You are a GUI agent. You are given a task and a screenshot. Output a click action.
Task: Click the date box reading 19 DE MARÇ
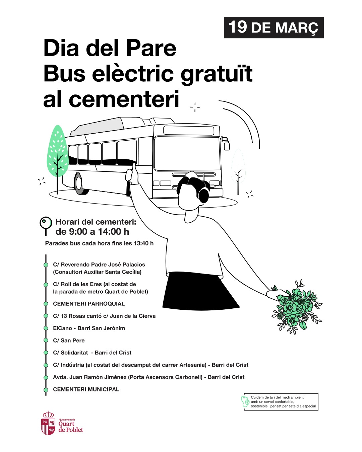click(274, 27)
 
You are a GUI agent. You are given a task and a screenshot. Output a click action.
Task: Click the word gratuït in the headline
click(217, 75)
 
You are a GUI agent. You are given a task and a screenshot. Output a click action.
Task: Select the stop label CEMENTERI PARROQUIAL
click(89, 304)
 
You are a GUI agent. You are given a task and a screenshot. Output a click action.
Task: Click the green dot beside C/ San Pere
click(46, 341)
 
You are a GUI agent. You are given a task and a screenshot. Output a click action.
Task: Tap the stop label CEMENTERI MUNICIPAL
click(86, 389)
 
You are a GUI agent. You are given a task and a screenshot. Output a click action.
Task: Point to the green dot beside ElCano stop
click(46, 328)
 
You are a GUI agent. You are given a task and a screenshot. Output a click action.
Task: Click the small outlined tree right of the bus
click(238, 170)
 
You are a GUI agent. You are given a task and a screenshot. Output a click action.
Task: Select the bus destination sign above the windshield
click(189, 130)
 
